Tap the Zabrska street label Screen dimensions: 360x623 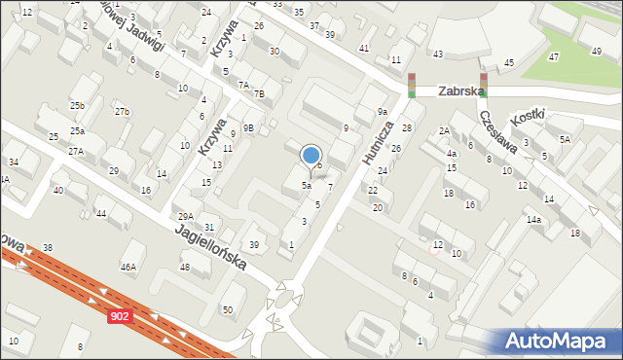(460, 91)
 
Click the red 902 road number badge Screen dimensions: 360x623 (119, 317)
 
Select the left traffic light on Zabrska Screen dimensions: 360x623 (412, 86)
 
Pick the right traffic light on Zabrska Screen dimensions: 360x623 (483, 86)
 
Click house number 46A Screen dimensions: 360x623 (128, 267)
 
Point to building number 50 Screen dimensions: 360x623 (228, 309)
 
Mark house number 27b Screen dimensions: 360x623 (122, 112)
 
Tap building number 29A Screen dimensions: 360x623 (185, 216)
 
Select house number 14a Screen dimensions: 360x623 (533, 220)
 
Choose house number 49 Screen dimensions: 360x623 (596, 51)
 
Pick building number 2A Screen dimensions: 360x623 (444, 130)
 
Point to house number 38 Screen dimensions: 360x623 (47, 248)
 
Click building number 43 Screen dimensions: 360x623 (438, 54)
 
